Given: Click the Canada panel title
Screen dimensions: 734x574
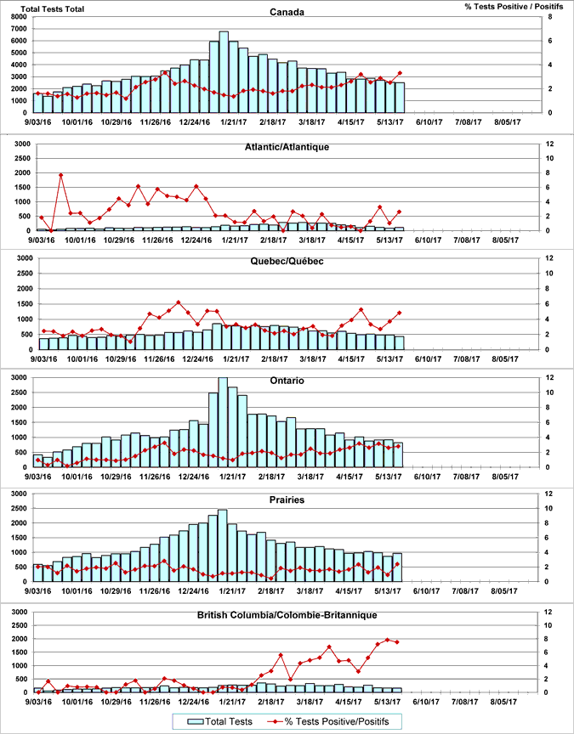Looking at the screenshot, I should (x=287, y=12).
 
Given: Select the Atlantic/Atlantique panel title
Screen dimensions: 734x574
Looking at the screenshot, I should (x=287, y=146).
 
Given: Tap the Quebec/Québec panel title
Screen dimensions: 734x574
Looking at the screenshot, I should (x=287, y=261).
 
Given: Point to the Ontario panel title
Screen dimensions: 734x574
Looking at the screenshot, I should (x=287, y=380).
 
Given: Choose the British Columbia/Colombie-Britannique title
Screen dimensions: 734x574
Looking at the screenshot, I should (x=287, y=614).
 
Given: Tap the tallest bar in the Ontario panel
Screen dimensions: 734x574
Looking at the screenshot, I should (x=224, y=421).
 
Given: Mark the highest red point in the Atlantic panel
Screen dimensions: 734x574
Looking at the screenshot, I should (x=61, y=175).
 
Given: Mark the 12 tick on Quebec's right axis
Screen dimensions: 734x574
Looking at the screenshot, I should (x=550, y=258).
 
